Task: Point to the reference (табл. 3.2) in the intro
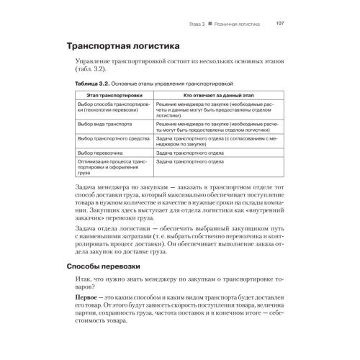click(90, 71)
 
